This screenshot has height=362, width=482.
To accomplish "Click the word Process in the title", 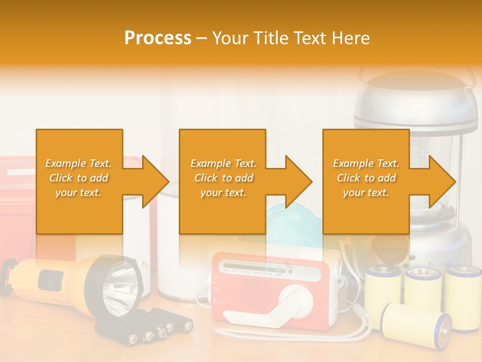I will point(158,38).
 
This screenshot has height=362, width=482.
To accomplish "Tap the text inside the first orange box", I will point(79,178).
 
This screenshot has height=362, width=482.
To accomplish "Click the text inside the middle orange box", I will point(223,178).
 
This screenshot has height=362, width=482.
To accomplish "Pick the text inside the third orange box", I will point(366,178).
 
